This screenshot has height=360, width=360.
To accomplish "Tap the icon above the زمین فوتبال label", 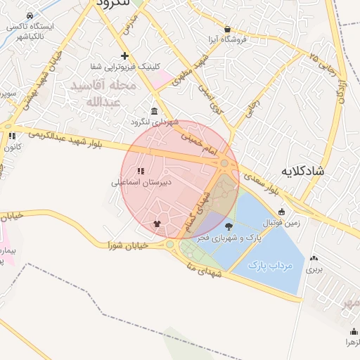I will click(282, 212).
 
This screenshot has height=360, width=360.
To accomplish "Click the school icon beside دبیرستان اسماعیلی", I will click(141, 171).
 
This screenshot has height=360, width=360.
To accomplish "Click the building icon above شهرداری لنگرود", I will click(154, 111).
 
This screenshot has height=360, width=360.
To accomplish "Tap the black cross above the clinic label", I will click(124, 55).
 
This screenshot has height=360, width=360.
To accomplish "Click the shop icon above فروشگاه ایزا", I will click(227, 29).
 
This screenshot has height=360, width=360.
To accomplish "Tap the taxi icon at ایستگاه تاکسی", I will click(28, 15).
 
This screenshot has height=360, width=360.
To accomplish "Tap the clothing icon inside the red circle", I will click(156, 224).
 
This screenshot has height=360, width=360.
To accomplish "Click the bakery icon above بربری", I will click(311, 257).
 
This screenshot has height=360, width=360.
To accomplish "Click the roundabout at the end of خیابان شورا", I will click(170, 245).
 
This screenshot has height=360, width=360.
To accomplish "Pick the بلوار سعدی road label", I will click(264, 186).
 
